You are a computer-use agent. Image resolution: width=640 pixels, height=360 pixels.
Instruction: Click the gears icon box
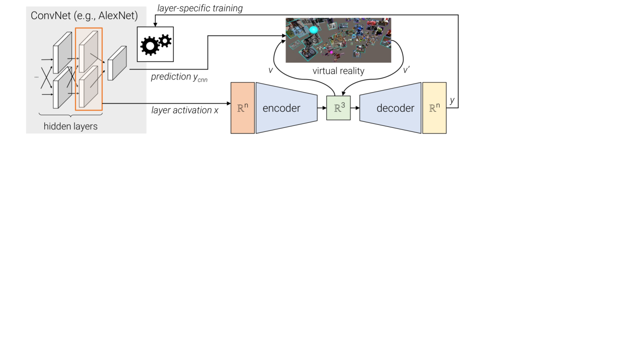155,44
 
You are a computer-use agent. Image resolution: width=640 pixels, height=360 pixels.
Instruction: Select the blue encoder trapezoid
286,108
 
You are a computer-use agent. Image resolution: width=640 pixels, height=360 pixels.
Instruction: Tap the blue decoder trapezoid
391,108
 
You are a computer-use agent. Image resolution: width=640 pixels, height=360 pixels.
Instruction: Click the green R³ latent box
338,108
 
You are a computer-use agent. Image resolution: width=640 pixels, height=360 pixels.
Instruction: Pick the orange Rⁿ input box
242,108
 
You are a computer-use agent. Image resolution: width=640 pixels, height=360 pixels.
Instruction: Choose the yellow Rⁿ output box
434,108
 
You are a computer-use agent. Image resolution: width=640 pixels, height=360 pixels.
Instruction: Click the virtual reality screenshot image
338,40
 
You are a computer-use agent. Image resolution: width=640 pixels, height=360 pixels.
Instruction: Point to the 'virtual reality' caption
338,71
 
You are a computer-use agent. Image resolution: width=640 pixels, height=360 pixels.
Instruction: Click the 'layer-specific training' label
200,8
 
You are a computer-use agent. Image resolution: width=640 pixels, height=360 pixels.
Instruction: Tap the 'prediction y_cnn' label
179,78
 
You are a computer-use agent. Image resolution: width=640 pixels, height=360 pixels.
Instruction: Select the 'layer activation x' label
185,110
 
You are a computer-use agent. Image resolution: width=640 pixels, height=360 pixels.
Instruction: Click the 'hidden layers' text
70,126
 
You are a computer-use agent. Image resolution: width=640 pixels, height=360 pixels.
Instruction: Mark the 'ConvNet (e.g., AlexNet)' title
84,16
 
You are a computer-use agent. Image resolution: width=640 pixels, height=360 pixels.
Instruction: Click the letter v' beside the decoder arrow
406,70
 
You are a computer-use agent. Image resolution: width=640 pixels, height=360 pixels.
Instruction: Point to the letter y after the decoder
452,100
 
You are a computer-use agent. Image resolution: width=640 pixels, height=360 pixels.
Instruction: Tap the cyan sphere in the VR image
314,30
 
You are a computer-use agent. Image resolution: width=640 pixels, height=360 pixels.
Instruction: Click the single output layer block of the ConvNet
117,63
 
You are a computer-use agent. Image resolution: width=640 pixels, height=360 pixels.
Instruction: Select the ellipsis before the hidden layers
36,77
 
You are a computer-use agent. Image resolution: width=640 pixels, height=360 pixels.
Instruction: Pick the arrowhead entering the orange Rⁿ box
228,104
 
